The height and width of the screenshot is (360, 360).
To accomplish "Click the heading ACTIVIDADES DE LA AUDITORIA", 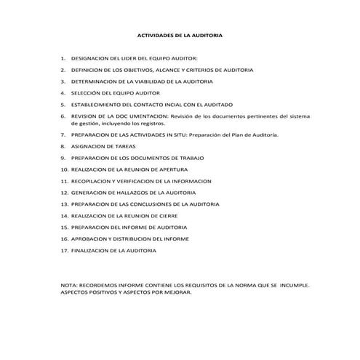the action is point(180,34).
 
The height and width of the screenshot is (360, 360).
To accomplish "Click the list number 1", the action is point(63,57).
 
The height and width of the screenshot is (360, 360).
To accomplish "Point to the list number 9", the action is point(63,158).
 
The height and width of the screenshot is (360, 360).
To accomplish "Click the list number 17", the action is point(64,250).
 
